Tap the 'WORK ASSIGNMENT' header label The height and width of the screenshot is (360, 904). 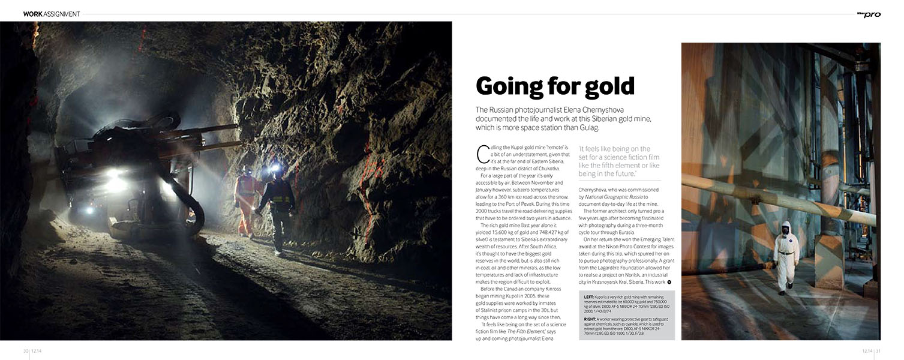pyautogui.click(x=52, y=14)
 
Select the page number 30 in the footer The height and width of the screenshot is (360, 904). pyautogui.click(x=26, y=351)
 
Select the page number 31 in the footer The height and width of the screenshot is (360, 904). pyautogui.click(x=878, y=351)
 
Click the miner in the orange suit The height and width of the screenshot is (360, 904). pyautogui.click(x=245, y=201)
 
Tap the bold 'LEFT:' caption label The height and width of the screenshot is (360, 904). pyautogui.click(x=589, y=297)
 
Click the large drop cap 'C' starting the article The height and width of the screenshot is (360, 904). pyautogui.click(x=482, y=154)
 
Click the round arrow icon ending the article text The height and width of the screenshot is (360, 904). pyautogui.click(x=669, y=282)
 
